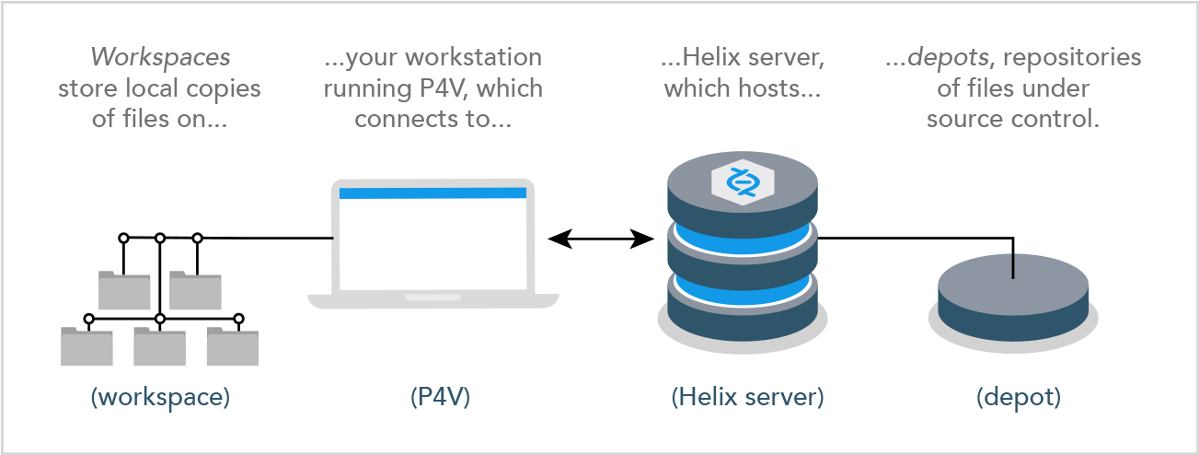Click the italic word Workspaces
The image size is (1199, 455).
coord(161,58)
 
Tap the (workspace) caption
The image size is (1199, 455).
coord(161,397)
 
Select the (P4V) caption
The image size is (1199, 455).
coord(440,397)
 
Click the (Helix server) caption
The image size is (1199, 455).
coord(748,397)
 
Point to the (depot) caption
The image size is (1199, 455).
coord(1019,397)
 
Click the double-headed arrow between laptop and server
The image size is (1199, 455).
coord(601,239)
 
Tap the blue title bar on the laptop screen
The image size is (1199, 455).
coord(432,192)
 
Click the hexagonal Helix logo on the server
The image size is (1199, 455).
coord(743,181)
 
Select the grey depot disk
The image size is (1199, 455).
coord(1013,298)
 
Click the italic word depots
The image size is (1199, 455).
coord(948,58)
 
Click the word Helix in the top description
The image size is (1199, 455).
coord(712,57)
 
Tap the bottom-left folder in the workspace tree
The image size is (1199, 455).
coord(86,346)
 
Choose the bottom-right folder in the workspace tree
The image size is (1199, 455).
coord(233,346)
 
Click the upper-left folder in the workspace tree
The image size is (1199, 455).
coord(124,290)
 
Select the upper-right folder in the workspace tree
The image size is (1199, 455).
coord(195,290)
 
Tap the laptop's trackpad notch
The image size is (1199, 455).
coord(432,297)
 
